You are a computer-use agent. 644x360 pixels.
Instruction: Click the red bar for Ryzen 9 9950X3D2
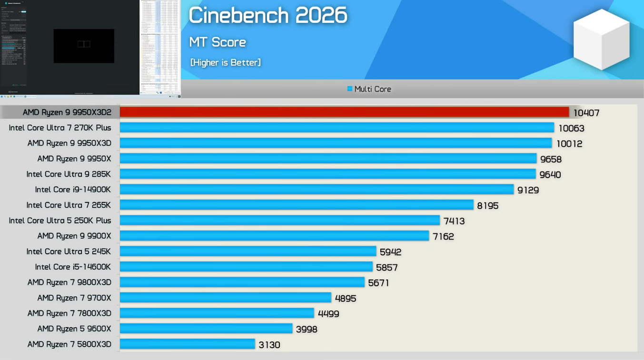click(344, 112)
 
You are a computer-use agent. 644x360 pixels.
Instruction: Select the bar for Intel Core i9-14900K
click(317, 190)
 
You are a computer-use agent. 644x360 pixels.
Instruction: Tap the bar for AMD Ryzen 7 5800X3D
click(188, 344)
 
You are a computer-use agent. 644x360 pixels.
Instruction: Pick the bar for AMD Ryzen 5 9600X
click(206, 329)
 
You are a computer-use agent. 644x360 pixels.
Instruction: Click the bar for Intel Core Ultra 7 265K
click(297, 205)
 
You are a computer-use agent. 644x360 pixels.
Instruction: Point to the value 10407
click(586, 113)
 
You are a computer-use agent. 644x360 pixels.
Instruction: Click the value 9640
click(550, 175)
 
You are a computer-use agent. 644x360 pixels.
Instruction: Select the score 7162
click(443, 237)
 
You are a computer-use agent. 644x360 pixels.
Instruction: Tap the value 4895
click(346, 299)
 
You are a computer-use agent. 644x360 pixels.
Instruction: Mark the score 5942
click(390, 252)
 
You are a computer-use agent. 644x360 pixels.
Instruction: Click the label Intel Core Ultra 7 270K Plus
click(60, 128)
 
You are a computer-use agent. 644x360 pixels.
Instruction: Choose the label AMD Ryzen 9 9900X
click(74, 236)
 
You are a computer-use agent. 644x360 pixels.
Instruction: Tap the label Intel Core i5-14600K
click(73, 267)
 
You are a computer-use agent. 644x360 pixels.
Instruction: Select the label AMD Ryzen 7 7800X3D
click(69, 313)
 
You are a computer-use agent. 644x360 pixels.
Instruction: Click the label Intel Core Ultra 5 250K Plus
click(60, 220)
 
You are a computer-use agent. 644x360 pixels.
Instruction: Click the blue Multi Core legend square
click(350, 89)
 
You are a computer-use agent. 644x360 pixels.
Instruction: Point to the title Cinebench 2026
click(268, 16)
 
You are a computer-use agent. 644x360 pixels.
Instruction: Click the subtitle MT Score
click(218, 42)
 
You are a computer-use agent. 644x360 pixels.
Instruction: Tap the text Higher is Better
click(225, 62)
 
